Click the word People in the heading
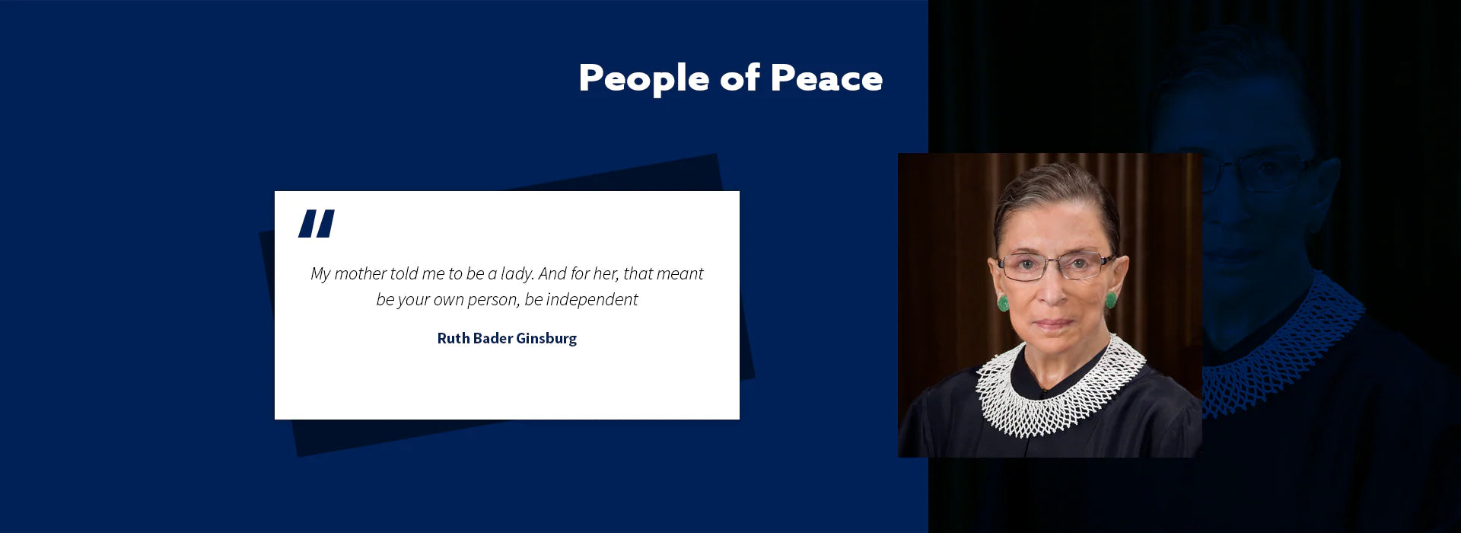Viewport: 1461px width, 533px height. point(644,79)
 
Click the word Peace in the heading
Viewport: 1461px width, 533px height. point(826,78)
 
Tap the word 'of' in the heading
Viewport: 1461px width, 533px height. point(740,78)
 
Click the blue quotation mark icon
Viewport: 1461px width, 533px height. point(317,224)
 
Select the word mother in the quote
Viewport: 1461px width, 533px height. point(360,273)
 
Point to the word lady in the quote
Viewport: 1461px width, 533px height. point(517,273)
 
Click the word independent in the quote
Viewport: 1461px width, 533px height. point(592,299)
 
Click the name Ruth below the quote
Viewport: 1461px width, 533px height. point(453,338)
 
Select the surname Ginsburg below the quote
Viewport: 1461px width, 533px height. point(546,339)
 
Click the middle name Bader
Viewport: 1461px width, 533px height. point(492,338)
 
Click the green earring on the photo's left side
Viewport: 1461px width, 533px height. point(1004,302)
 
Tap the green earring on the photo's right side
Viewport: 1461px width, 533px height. point(1111,298)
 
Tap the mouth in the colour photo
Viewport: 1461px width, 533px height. point(1054,323)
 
